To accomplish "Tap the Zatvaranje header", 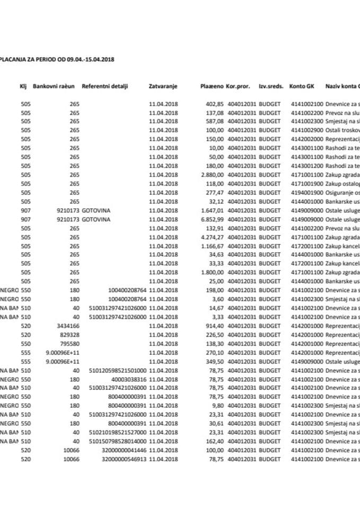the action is click(163, 86).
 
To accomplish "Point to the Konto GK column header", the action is click(302, 86).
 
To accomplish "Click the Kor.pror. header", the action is click(238, 86).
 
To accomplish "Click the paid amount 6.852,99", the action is click(210, 220).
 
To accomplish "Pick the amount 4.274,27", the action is click(210, 236).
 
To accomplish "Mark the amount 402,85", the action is click(213, 103).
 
